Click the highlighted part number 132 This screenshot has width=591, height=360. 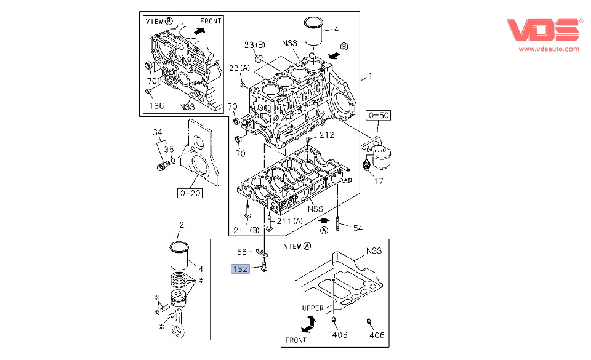pyautogui.click(x=240, y=268)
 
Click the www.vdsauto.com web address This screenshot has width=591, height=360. pyautogui.click(x=549, y=49)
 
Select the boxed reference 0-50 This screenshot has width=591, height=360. pyautogui.click(x=379, y=116)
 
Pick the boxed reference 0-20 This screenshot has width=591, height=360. pyautogui.click(x=190, y=194)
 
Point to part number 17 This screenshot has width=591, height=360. pyautogui.click(x=378, y=181)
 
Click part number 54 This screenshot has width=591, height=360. pyautogui.click(x=358, y=228)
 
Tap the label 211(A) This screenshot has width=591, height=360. pyautogui.click(x=289, y=222)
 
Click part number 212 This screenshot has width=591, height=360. pyautogui.click(x=326, y=135)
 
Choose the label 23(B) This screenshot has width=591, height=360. pyautogui.click(x=254, y=45)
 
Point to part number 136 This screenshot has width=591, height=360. pyautogui.click(x=156, y=106)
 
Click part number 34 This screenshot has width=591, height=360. pyautogui.click(x=157, y=133)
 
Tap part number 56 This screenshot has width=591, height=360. pyautogui.click(x=242, y=251)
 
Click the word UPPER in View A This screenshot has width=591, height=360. pyautogui.click(x=312, y=308)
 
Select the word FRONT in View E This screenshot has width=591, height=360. pyautogui.click(x=211, y=21)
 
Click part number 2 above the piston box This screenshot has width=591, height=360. pyautogui.click(x=182, y=224)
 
